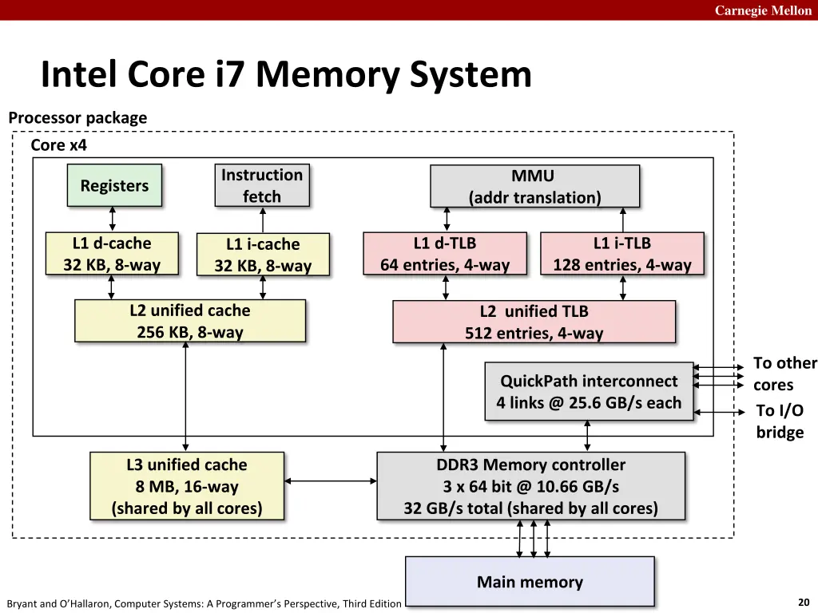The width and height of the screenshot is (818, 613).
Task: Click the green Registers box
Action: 114,185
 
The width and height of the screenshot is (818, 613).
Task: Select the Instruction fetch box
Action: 262,185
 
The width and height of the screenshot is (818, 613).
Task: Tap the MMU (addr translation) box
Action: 534,186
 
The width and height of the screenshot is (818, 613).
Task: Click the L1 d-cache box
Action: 112,254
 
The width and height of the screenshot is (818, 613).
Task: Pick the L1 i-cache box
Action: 263,255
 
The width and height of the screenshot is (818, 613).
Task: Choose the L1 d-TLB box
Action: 445,254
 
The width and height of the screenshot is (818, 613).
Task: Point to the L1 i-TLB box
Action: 622,254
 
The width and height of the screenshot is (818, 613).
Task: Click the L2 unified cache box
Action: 190,321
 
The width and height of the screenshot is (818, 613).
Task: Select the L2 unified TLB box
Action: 534,322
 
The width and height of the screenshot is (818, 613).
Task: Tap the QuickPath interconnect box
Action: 589,391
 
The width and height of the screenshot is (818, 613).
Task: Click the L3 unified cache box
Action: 187,486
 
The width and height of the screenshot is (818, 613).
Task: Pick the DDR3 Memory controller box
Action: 531,486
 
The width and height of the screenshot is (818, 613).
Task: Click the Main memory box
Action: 530,581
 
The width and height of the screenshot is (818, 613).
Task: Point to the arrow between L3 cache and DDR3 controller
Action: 331,481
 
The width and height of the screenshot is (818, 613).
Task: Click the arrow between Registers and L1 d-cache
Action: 112,219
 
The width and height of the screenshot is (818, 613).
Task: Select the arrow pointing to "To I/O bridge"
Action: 720,413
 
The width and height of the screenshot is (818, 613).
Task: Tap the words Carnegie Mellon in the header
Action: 763,10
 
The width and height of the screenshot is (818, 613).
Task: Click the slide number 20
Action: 804,602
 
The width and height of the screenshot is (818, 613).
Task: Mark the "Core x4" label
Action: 58,145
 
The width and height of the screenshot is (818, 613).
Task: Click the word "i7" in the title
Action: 229,74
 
